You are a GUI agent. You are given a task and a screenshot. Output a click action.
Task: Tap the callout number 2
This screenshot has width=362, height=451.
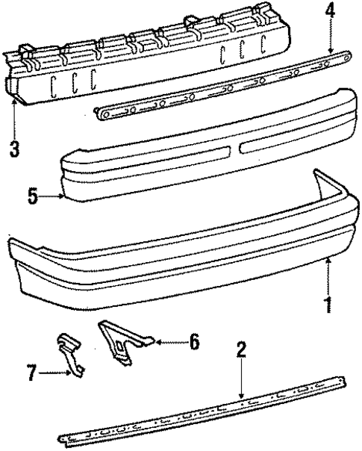241,348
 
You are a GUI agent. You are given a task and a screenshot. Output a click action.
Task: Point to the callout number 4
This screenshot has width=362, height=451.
331,12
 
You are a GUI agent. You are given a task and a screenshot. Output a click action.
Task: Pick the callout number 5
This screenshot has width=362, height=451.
31,198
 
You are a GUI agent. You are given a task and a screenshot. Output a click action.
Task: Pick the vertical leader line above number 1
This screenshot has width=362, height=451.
327,276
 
